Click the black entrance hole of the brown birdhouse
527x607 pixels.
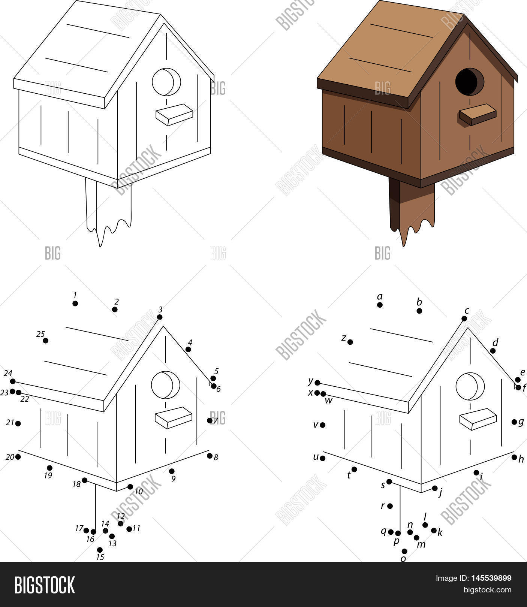pos(469,82)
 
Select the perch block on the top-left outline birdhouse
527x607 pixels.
pos(174,114)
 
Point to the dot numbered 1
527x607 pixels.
pos(75,303)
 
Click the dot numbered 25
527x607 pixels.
pos(46,341)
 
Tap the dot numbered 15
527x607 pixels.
pos(100,550)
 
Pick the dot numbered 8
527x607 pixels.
pos(210,456)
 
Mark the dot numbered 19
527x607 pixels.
pos(49,468)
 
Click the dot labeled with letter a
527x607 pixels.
pos(380,305)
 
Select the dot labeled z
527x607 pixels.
pos(350,342)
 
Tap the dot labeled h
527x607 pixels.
pos(514,457)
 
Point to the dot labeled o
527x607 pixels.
pos(404,551)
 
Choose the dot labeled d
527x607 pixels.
pos(493,351)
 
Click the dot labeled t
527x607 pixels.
pos(354,469)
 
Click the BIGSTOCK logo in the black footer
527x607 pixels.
pos(45,584)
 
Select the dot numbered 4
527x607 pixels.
pos(188,349)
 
